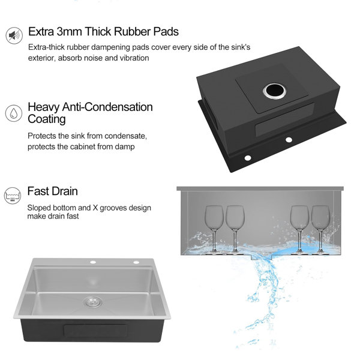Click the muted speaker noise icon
(14, 35)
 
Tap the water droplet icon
(14, 113)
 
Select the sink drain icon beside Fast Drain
(13, 196)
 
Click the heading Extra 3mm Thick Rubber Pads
(103, 31)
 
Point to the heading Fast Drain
(53, 191)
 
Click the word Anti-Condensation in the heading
(107, 107)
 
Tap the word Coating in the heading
(47, 119)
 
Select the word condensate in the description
(125, 136)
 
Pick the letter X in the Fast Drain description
(95, 208)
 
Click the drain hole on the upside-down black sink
(275, 91)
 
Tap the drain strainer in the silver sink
(93, 301)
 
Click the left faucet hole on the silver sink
(93, 262)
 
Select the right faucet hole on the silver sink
(136, 262)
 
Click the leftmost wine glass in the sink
(214, 229)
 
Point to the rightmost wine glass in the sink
(320, 229)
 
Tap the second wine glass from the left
(235, 229)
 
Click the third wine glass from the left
(299, 229)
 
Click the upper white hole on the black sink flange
(289, 139)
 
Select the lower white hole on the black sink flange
(248, 158)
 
